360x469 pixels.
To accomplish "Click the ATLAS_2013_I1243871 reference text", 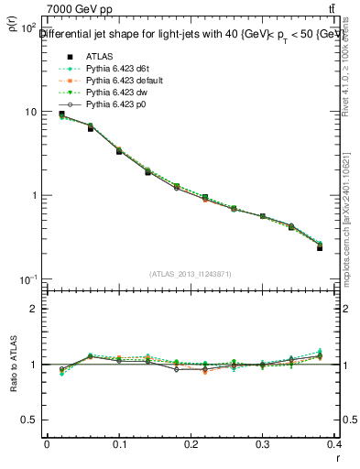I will tap(190, 275).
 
